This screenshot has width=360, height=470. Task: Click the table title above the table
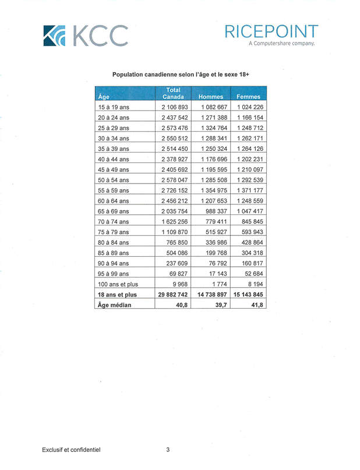tap(180, 75)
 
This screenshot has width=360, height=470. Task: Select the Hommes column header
tap(211, 97)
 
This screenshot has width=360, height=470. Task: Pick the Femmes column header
tap(248, 97)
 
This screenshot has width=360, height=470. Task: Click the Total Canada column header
tap(173, 93)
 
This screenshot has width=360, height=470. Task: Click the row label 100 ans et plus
tap(118, 284)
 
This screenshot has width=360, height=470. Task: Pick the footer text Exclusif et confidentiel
tap(71, 450)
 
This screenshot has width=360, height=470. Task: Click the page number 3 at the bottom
tap(168, 450)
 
